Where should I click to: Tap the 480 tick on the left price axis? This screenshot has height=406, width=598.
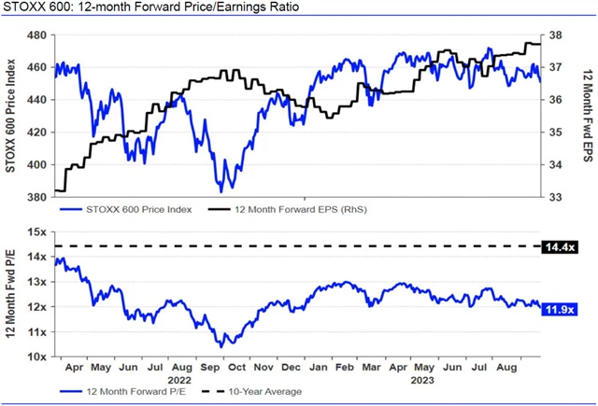[37, 35]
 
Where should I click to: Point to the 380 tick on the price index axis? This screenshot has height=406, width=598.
[37, 198]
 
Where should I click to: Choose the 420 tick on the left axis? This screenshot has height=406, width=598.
[37, 133]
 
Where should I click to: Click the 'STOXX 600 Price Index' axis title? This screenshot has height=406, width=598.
[10, 116]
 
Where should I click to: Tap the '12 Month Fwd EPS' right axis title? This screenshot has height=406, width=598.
[586, 116]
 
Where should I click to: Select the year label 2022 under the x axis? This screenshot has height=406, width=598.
[181, 380]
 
